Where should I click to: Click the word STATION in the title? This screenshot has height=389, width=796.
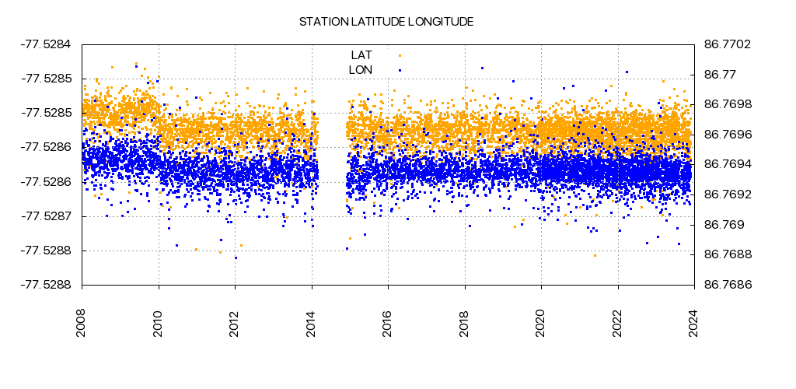[323, 22]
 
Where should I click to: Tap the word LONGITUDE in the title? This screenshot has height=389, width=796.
[440, 22]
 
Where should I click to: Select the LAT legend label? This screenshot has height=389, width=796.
[361, 54]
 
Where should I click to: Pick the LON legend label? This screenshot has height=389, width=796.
[361, 70]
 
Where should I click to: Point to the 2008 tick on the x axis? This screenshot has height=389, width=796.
[82, 321]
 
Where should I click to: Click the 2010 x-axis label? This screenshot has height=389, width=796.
[159, 321]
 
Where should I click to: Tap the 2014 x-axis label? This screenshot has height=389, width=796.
[312, 321]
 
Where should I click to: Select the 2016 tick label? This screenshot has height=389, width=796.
[388, 321]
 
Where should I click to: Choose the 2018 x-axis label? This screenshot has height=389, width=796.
[465, 321]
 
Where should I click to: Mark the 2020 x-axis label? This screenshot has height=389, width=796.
[541, 321]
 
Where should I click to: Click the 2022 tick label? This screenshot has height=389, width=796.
[618, 321]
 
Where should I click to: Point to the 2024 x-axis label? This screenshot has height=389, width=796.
[694, 321]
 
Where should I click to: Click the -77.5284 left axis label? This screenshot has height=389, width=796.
[45, 44]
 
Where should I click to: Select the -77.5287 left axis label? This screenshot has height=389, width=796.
[45, 216]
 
